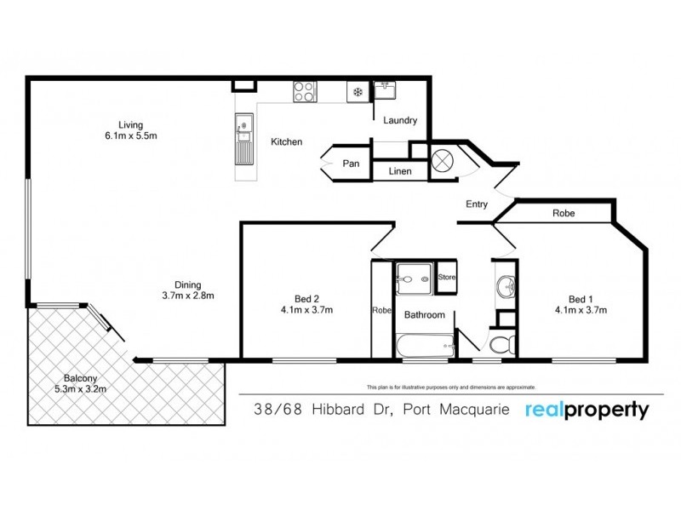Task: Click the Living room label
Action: [x=130, y=125]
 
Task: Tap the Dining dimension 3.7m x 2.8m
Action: [x=188, y=296]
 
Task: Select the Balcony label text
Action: [x=80, y=378]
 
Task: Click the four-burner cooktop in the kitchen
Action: [x=305, y=92]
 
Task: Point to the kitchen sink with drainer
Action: [x=244, y=139]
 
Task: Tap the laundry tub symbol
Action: [x=385, y=90]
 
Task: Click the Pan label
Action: [x=351, y=164]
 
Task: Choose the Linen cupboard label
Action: [x=400, y=171]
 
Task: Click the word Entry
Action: [x=477, y=204]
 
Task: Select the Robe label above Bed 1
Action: [x=564, y=214]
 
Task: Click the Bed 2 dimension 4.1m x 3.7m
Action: [x=306, y=310]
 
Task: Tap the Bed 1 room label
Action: [x=581, y=300]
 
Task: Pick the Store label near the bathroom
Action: [x=446, y=277]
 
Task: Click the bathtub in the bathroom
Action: [x=426, y=347]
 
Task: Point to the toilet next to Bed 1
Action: [x=502, y=345]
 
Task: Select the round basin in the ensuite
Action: [x=506, y=286]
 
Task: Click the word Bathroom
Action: [x=424, y=314]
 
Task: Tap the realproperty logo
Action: [x=587, y=410]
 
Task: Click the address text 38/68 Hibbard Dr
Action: [x=323, y=410]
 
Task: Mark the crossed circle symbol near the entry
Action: [x=442, y=161]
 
